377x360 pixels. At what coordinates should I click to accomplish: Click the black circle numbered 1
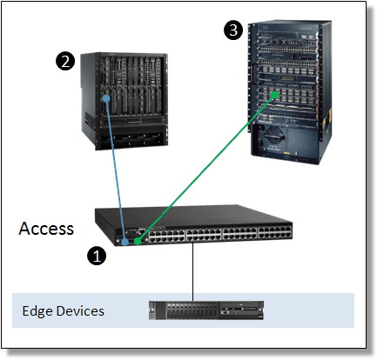(x=97, y=256)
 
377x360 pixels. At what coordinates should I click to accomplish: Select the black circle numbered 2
(x=65, y=61)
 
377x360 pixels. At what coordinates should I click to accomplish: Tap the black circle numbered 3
(x=233, y=30)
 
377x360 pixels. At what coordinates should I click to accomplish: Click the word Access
(x=46, y=229)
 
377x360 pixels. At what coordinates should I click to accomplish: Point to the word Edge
(x=37, y=311)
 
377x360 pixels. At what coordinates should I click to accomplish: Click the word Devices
(x=80, y=310)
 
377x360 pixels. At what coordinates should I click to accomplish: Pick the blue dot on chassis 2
(x=106, y=98)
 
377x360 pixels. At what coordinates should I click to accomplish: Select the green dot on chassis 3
(x=274, y=95)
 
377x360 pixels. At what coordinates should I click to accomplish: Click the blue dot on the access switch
(x=125, y=242)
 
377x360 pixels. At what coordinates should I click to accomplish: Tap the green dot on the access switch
(x=138, y=241)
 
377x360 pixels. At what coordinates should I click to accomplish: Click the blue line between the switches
(x=116, y=170)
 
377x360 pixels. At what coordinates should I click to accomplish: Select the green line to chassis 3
(x=206, y=168)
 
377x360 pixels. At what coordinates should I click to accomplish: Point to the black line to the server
(x=192, y=272)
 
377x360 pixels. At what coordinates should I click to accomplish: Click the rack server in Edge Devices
(x=206, y=310)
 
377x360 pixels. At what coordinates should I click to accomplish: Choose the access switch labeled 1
(x=193, y=225)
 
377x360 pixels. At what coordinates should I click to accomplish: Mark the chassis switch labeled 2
(x=125, y=101)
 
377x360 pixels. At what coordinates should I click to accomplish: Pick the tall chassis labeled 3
(x=290, y=92)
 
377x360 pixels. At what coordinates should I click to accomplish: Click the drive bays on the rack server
(x=192, y=310)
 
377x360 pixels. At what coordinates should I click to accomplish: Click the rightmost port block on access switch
(x=274, y=234)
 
